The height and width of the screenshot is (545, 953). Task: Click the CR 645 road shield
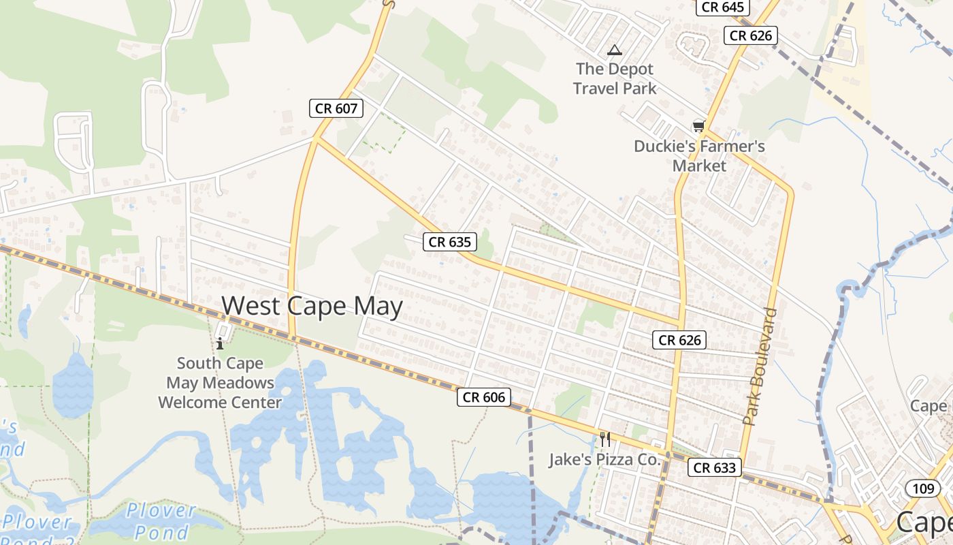point(722,7)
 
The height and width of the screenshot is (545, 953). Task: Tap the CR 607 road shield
point(336,108)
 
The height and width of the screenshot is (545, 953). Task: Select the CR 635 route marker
point(450,241)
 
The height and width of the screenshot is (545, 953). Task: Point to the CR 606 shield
point(483,397)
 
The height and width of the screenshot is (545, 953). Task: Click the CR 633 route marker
point(714,467)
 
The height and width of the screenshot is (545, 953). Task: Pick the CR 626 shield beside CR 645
point(751,35)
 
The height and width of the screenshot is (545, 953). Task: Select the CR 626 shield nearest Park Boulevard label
point(679,340)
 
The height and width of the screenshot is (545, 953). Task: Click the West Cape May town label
point(312,306)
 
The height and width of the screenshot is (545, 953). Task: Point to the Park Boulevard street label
point(761,367)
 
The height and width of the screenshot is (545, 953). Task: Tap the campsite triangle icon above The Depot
point(615,50)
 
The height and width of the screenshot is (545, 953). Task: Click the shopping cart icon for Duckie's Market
point(698,126)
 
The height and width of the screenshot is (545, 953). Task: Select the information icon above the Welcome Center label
point(220,343)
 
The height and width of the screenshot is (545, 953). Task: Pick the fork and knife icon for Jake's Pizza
point(604,439)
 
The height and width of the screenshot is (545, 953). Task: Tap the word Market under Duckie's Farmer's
point(699,166)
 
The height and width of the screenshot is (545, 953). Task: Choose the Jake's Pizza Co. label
point(604,460)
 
